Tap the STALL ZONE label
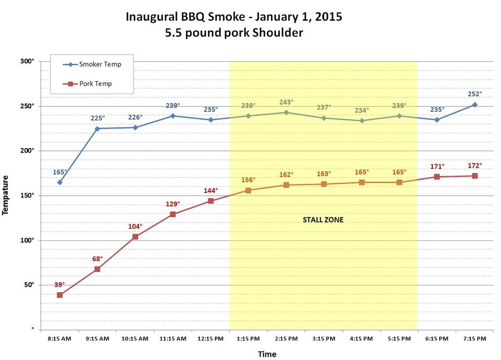pyautogui.click(x=323, y=220)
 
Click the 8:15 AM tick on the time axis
pyautogui.click(x=60, y=338)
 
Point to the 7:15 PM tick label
pyautogui.click(x=474, y=338)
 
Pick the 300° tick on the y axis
pyautogui.click(x=28, y=61)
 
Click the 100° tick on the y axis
pyautogui.click(x=28, y=240)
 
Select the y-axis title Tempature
pyautogui.click(x=6, y=195)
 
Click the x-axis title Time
pyautogui.click(x=267, y=354)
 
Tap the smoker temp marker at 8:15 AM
pyautogui.click(x=60, y=182)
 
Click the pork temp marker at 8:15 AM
pyautogui.click(x=60, y=295)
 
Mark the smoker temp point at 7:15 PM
pyautogui.click(x=474, y=104)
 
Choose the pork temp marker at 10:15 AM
pyautogui.click(x=135, y=236)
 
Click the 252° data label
pyautogui.click(x=474, y=94)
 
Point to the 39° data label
pyautogui.click(x=60, y=284)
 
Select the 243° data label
pyautogui.click(x=286, y=102)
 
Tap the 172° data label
pyautogui.click(x=474, y=165)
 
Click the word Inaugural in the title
pyautogui.click(x=151, y=16)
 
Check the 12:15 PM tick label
pyautogui.click(x=210, y=338)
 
